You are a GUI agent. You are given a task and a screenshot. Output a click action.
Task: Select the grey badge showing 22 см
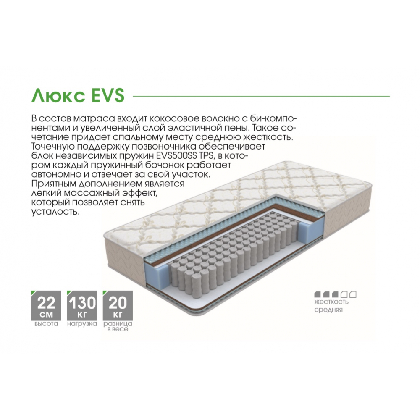46,306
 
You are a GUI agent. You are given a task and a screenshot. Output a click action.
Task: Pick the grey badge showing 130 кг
82,306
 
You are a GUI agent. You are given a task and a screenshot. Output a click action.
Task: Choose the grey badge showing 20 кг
118,306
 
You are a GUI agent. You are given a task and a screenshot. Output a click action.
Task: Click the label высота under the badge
46,324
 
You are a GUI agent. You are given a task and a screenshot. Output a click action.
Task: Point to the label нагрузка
82,324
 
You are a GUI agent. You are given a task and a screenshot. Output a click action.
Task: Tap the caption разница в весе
118,326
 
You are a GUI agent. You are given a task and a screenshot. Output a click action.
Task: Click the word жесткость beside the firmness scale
331,302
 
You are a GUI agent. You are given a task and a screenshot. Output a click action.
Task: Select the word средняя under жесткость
328,310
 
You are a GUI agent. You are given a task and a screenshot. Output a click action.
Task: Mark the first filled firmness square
318,294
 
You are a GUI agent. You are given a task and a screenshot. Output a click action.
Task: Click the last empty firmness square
353,294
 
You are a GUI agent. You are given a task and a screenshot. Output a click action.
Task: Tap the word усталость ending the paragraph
56,212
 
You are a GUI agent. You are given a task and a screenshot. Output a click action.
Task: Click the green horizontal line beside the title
261,96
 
